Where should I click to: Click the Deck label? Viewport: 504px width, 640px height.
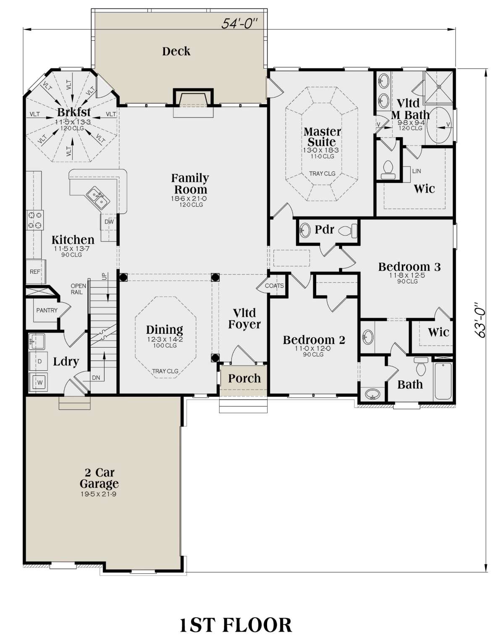click(176, 51)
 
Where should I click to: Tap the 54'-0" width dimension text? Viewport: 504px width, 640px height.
click(239, 23)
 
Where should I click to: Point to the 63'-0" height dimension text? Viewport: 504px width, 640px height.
click(480, 320)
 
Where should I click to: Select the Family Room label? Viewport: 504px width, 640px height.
click(190, 184)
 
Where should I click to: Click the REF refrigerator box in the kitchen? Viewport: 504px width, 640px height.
click(35, 272)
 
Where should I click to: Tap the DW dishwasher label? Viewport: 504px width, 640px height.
click(109, 221)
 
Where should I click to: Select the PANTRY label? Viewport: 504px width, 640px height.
click(47, 310)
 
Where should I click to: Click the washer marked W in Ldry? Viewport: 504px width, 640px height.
click(39, 382)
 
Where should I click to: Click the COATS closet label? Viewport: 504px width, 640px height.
click(274, 286)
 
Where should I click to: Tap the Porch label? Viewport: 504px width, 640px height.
click(244, 378)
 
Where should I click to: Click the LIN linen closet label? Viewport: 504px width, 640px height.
click(416, 171)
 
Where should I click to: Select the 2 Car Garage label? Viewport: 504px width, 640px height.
click(99, 478)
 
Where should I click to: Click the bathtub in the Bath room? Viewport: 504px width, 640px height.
click(443, 380)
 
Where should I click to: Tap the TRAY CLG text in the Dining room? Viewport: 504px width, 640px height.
click(165, 371)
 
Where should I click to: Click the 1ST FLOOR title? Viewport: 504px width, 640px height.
click(235, 625)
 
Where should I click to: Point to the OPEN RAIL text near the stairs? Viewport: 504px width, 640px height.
click(78, 289)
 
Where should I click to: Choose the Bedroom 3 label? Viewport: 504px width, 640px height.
click(409, 267)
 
